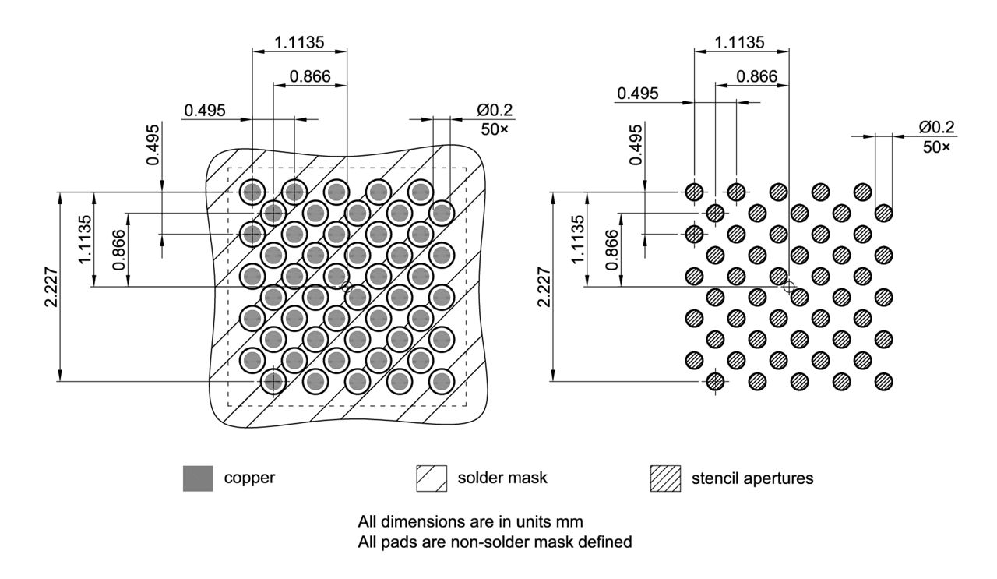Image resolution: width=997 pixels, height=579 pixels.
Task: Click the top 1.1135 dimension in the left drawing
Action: (298, 42)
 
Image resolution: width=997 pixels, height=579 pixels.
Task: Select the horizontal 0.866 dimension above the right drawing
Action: (756, 76)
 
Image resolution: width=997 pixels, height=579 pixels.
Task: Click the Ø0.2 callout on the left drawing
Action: (496, 110)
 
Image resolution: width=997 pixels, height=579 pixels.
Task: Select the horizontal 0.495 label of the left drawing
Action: (205, 110)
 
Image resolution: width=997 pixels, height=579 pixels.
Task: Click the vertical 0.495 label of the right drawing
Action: (636, 143)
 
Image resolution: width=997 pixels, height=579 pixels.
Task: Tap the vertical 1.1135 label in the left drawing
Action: (86, 240)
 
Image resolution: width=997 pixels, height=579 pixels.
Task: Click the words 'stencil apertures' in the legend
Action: (752, 478)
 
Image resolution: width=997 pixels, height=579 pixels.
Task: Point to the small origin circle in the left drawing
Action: (347, 288)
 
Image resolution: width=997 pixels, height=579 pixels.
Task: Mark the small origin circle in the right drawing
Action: (789, 287)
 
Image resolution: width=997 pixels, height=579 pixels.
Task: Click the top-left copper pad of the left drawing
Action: (252, 191)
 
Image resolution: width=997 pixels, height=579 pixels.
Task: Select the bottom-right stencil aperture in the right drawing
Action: (883, 382)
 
